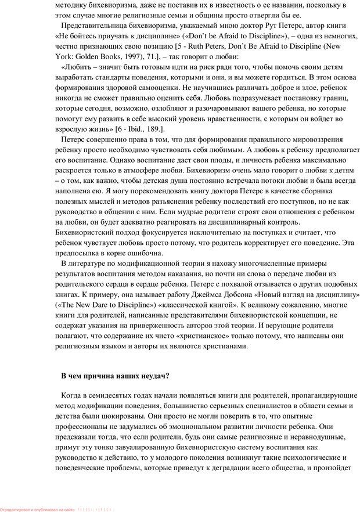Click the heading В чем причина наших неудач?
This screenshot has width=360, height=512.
[116, 375]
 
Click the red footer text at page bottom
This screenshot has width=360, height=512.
[58, 509]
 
